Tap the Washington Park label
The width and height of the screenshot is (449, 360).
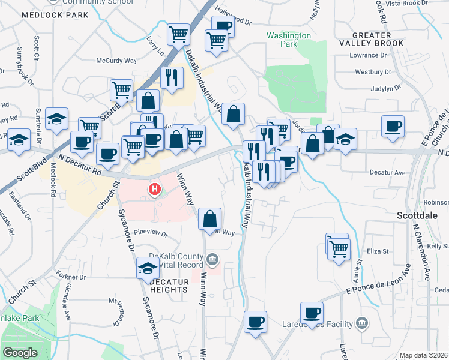[289, 40]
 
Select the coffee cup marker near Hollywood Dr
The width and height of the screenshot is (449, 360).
[223, 27]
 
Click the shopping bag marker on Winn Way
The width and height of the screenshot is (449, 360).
[210, 219]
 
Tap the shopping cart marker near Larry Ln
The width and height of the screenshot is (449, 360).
[178, 34]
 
